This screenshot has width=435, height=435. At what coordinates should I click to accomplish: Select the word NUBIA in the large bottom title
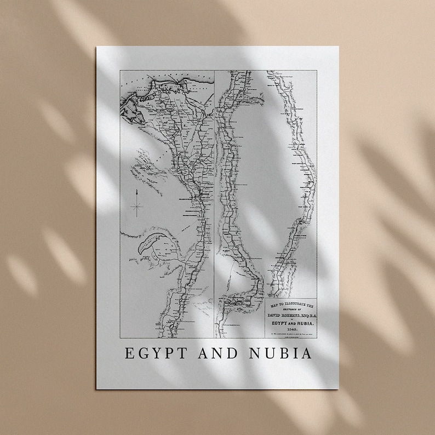[x=283, y=353]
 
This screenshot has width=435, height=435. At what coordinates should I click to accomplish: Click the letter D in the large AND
[x=234, y=353]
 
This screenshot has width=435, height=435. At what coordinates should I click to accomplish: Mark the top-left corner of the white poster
[x=97, y=47]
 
